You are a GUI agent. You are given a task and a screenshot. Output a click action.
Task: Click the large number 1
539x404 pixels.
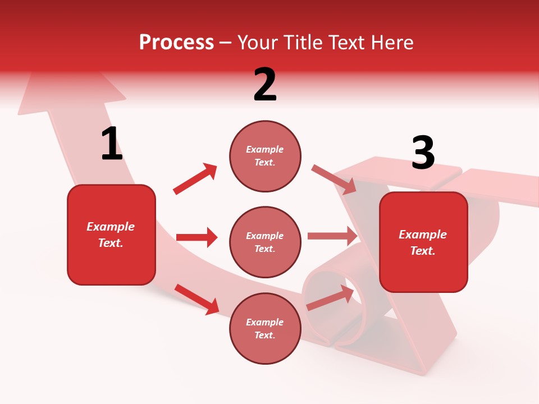pyautogui.click(x=112, y=144)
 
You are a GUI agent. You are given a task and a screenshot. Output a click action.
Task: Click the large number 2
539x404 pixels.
pyautogui.click(x=265, y=85)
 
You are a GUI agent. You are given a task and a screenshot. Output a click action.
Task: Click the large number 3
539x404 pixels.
pyautogui.click(x=423, y=153)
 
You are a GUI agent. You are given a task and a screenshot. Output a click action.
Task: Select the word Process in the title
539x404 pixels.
pyautogui.click(x=176, y=42)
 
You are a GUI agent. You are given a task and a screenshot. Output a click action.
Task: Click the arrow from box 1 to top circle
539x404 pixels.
pyautogui.click(x=195, y=179)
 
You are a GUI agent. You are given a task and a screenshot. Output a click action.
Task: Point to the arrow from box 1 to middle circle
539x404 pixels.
pyautogui.click(x=197, y=237)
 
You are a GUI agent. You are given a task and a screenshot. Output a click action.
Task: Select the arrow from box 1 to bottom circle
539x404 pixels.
pyautogui.click(x=197, y=299)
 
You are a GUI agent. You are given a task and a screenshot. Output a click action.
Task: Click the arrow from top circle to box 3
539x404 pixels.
pyautogui.click(x=334, y=180)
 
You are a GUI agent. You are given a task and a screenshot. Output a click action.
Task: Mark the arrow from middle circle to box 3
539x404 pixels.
pyautogui.click(x=332, y=236)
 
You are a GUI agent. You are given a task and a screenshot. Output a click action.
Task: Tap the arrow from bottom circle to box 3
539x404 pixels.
pyautogui.click(x=331, y=297)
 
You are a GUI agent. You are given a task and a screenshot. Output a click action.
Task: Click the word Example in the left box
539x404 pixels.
pyautogui.click(x=111, y=227)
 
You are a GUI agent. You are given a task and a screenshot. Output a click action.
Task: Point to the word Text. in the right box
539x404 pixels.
pyautogui.click(x=423, y=251)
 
